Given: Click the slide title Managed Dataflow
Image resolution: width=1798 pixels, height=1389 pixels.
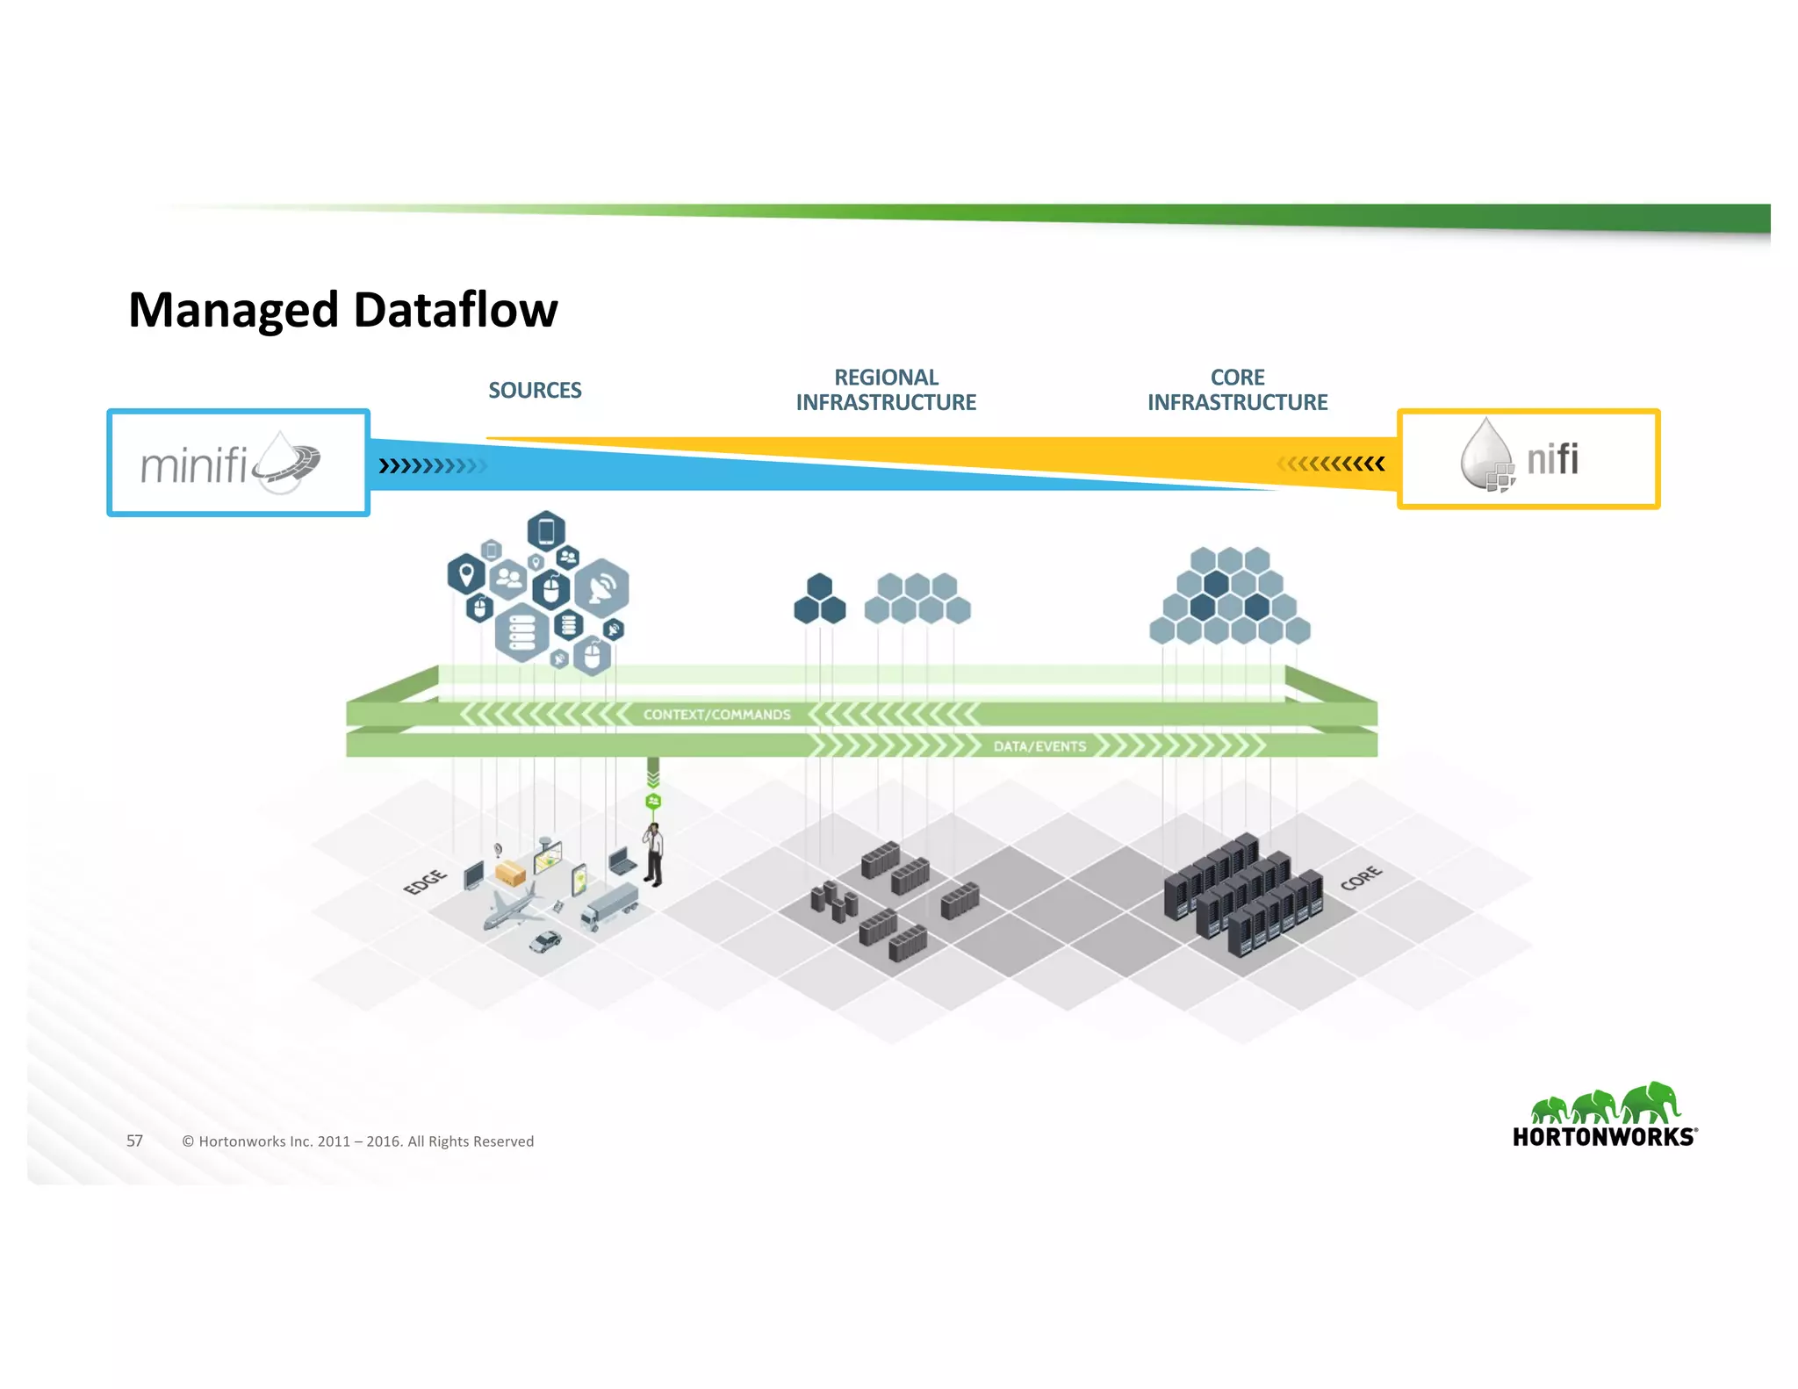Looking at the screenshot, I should point(342,310).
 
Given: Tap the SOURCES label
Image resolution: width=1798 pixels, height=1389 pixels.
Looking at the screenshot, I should point(535,390).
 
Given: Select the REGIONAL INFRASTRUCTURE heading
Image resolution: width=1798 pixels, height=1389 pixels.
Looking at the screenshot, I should point(886,390).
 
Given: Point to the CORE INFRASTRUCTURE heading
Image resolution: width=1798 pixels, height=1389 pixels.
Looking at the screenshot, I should point(1237,390).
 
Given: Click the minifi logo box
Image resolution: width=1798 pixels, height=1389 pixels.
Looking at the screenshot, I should point(238,463).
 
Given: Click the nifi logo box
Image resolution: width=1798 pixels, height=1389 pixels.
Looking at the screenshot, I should point(1528,459).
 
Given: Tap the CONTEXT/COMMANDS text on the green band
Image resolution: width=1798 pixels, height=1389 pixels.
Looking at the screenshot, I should point(716,715).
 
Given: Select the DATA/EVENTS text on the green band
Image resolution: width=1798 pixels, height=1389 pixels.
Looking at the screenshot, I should point(1039,746).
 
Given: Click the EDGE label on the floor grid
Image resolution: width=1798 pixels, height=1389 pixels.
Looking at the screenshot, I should point(425,882).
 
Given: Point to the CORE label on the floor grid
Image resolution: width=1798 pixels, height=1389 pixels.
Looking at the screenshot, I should point(1361,877).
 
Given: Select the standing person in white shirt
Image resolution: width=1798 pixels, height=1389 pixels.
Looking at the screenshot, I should point(654,854).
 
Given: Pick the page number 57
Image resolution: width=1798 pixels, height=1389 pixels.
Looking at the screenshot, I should point(134,1141).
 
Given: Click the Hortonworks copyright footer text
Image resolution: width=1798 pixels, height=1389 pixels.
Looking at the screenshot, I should point(357,1141).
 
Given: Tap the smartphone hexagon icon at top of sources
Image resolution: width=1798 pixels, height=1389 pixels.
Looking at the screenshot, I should point(546,531).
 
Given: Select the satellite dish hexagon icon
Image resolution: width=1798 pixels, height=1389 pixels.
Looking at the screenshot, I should point(601,587).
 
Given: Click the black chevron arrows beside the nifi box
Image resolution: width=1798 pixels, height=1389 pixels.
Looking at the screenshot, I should point(1331,464).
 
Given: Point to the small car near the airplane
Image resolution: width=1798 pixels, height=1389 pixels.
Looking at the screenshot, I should point(545,941).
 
